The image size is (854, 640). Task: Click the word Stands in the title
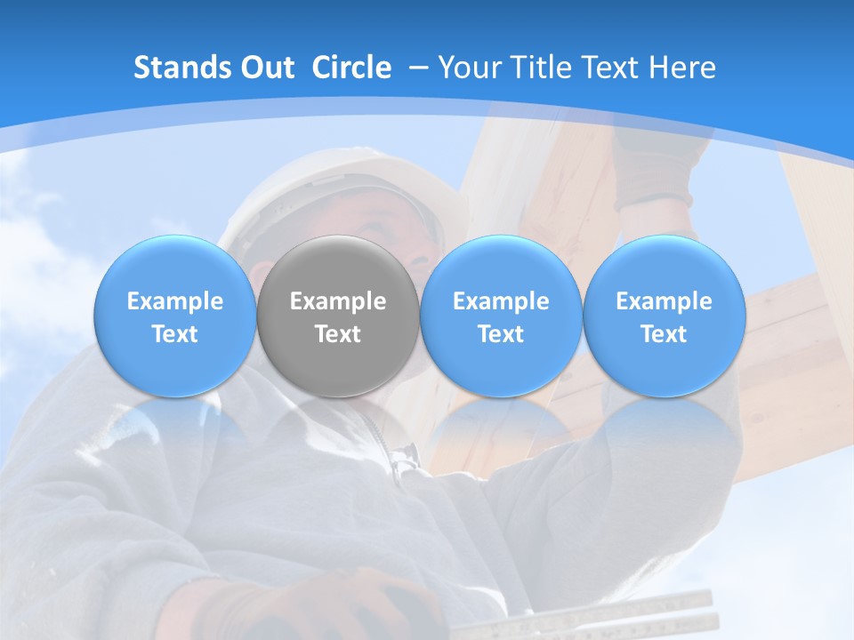(182, 68)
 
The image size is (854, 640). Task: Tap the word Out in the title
(267, 68)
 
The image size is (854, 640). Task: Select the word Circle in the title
(351, 68)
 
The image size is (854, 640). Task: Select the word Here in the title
(681, 68)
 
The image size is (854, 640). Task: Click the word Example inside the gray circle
(338, 301)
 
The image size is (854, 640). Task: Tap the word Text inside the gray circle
(338, 334)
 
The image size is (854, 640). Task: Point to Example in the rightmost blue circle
(664, 301)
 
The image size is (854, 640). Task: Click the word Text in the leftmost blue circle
(174, 334)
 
